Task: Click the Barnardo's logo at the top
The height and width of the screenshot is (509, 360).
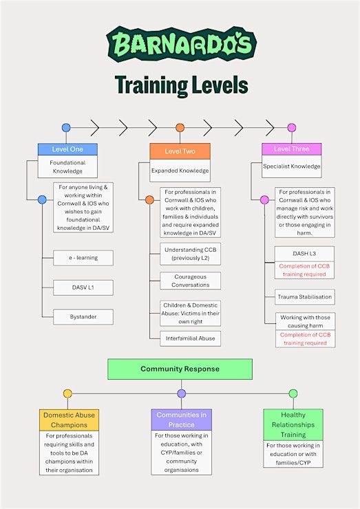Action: (x=181, y=44)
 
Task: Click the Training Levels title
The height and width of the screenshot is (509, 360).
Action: (x=181, y=85)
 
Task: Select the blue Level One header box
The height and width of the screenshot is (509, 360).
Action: (x=67, y=149)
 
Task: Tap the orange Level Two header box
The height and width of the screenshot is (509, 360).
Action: (x=180, y=151)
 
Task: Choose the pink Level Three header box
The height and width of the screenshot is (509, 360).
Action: (x=291, y=149)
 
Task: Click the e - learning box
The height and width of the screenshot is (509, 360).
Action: (x=83, y=258)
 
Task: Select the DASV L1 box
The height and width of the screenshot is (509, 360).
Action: (x=83, y=288)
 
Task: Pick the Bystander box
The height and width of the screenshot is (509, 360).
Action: (x=83, y=316)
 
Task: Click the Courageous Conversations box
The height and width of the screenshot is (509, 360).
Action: (x=191, y=281)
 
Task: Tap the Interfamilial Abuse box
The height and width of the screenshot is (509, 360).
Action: (x=191, y=338)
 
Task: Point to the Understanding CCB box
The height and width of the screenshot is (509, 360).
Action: (x=191, y=254)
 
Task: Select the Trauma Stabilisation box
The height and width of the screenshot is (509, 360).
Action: (x=305, y=296)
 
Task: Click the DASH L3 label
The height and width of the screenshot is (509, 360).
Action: (x=304, y=254)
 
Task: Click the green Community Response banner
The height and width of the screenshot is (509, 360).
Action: (x=180, y=369)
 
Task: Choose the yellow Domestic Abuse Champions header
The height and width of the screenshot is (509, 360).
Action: (x=70, y=420)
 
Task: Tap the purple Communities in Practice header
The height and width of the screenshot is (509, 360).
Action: (x=181, y=420)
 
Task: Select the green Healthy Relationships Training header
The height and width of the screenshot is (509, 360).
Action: (x=293, y=424)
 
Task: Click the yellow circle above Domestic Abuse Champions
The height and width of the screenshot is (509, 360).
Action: (x=67, y=393)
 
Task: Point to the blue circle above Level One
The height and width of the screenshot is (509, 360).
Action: (x=66, y=127)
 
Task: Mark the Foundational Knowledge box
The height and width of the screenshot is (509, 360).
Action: (x=67, y=167)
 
